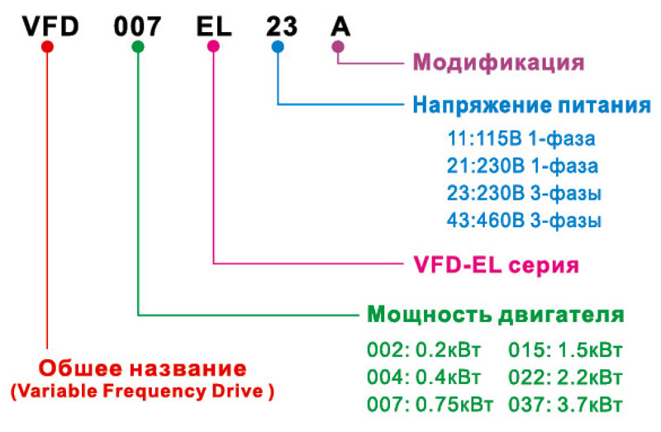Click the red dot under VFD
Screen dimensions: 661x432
(47, 46)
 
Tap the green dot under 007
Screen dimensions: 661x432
(138, 46)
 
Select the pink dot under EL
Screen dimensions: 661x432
(213, 46)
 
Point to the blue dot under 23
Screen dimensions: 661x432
(278, 46)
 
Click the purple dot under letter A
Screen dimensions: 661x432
(338, 46)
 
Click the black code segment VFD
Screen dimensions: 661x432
(50, 26)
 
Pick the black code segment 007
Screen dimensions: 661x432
(137, 26)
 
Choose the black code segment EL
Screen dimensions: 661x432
(214, 26)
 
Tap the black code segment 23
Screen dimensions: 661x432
(282, 26)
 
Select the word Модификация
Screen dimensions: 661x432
(499, 63)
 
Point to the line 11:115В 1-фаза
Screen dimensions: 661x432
(521, 138)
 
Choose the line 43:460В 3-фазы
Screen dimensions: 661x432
(524, 221)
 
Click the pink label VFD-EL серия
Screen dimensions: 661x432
(497, 265)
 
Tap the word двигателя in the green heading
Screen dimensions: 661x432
(562, 315)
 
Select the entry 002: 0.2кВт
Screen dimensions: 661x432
(424, 350)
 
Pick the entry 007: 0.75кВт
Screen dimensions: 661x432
(430, 405)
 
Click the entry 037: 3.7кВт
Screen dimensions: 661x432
(565, 405)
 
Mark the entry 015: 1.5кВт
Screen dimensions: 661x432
(565, 350)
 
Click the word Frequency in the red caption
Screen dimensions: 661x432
(155, 392)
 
